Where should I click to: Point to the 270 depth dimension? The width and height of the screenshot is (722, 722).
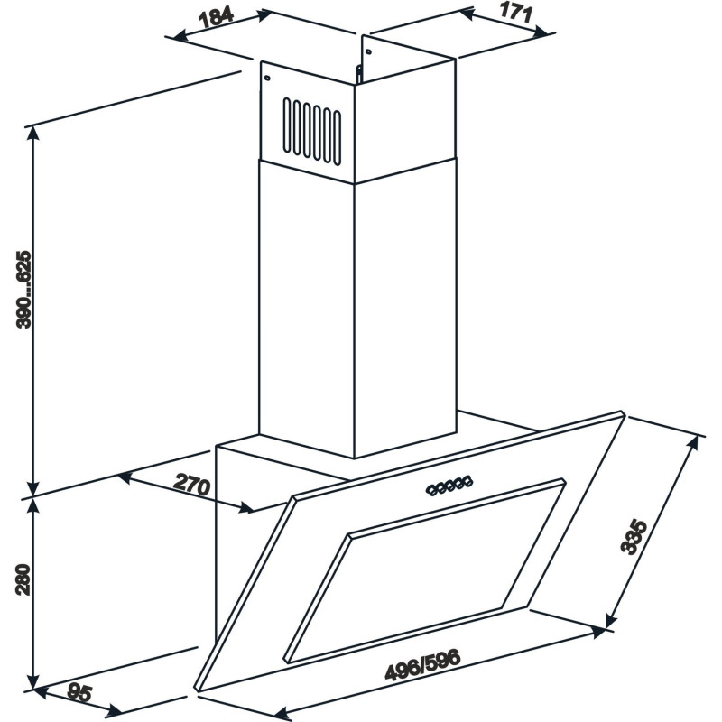tap(191, 485)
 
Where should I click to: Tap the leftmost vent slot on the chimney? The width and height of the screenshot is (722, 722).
tap(288, 125)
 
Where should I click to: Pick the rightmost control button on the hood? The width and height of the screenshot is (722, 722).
tap(469, 483)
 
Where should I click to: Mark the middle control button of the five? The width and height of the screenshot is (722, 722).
tap(450, 486)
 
